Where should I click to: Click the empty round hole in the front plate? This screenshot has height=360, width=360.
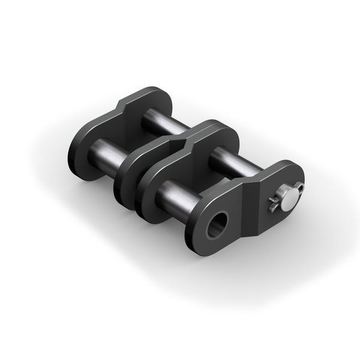pos(217,225)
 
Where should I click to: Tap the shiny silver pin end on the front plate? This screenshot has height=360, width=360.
pos(289,200)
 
